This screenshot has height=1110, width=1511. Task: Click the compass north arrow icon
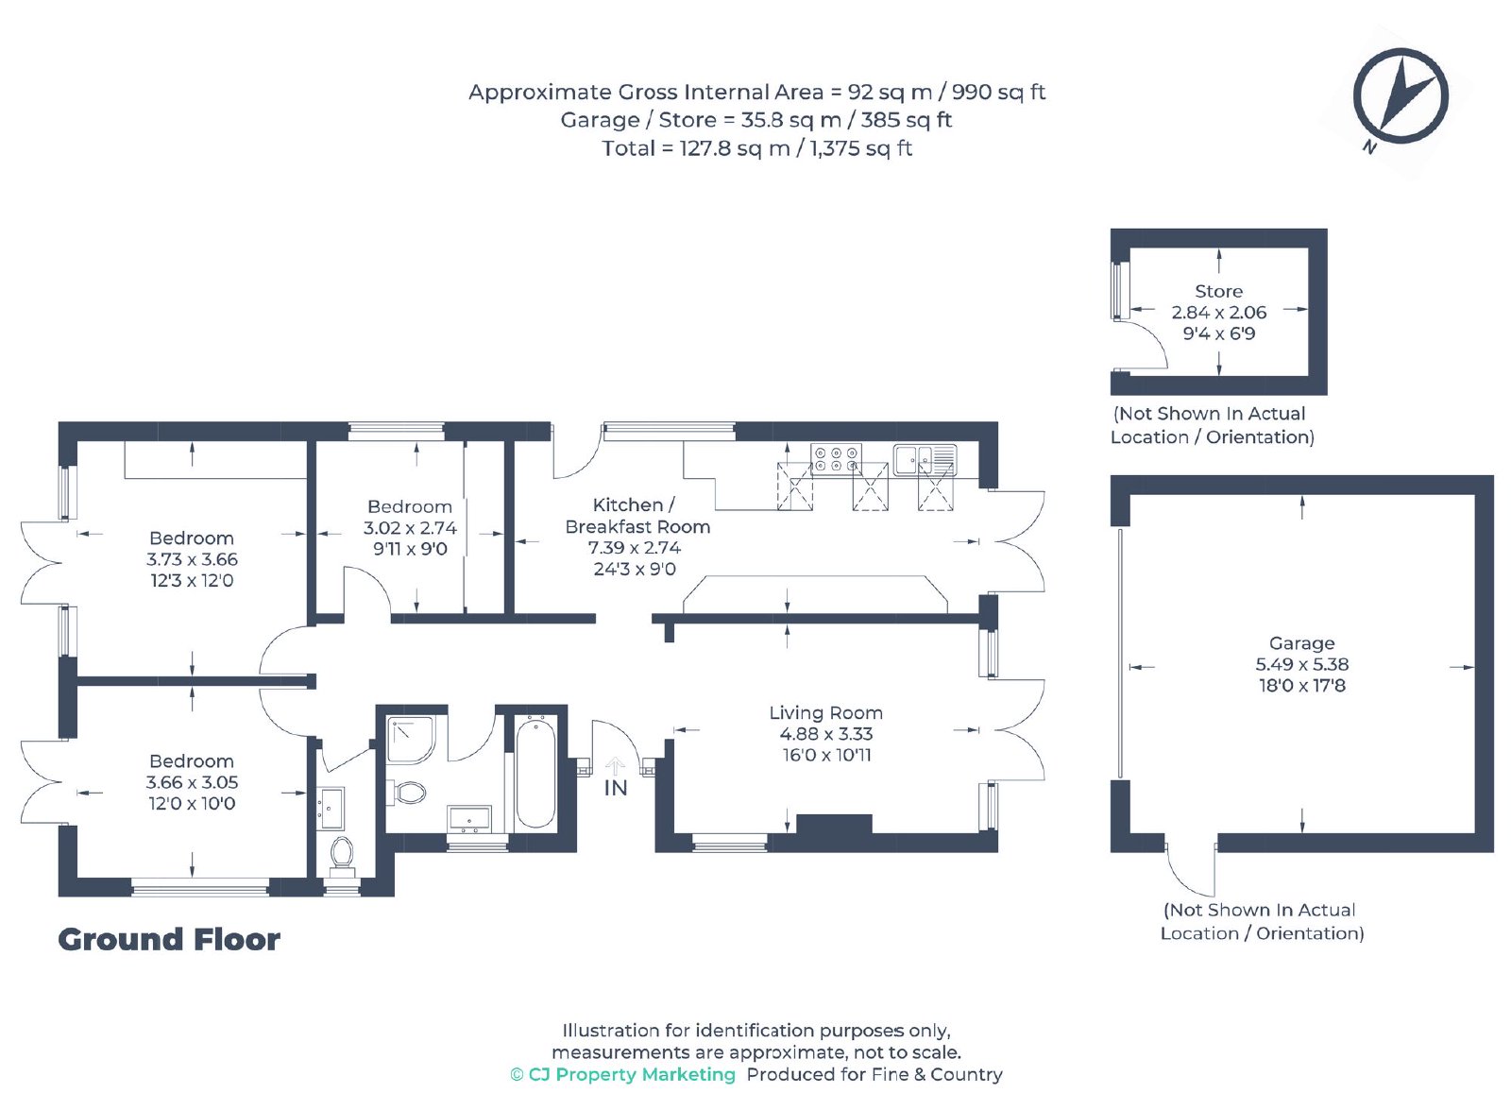pos(1401,95)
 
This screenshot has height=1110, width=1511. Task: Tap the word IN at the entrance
pos(615,788)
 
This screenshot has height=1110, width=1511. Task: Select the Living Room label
pos(825,712)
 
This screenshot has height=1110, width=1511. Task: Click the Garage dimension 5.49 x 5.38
pos(1302,664)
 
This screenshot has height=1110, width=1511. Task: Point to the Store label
pos(1218,291)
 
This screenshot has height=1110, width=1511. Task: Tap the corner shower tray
pos(411,740)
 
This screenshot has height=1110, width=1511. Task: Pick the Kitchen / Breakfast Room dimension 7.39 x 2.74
pos(634,547)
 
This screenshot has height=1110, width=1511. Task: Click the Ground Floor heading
pos(169,939)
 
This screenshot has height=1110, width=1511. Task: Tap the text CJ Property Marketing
pos(632,1074)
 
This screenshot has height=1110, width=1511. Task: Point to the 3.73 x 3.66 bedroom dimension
pos(192,558)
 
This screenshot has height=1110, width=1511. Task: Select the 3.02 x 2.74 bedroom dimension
pos(410,528)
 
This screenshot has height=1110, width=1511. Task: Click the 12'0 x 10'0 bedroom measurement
pos(192,803)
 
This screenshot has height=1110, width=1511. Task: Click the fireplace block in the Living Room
pos(834,824)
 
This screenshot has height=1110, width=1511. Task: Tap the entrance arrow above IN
pos(615,765)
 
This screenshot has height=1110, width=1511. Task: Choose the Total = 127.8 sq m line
pos(756,147)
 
